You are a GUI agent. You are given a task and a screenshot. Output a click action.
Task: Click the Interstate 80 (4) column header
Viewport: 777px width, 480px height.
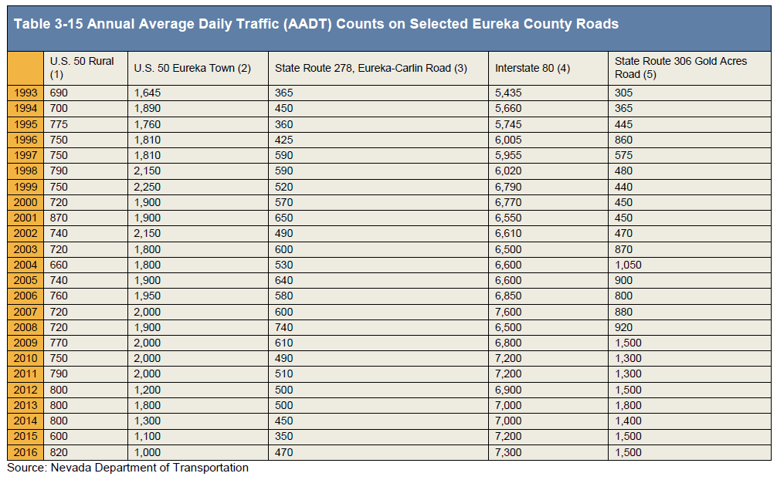(x=532, y=68)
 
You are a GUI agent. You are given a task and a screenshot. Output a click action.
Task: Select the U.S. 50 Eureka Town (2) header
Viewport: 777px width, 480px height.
(x=192, y=68)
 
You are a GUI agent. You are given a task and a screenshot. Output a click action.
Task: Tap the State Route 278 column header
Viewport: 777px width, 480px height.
(x=371, y=68)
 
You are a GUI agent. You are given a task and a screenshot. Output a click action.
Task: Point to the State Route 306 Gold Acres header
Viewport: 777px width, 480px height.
(x=680, y=67)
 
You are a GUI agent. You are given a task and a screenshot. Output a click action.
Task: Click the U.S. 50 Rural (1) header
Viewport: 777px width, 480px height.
(x=82, y=67)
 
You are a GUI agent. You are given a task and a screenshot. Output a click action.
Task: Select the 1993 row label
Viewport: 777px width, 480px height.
(x=25, y=93)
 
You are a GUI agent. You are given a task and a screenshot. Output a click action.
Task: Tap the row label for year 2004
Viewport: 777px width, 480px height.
(x=25, y=265)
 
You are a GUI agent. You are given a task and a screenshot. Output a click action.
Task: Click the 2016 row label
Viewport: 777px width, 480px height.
(x=25, y=452)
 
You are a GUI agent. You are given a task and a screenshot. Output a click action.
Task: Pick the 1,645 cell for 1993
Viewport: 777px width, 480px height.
(x=148, y=93)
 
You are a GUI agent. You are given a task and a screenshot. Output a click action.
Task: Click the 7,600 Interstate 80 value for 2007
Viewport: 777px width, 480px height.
(x=508, y=312)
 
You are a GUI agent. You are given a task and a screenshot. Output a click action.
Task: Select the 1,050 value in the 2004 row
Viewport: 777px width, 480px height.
(x=628, y=265)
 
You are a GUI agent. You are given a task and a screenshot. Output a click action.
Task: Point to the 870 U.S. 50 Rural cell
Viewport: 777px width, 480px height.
(x=59, y=218)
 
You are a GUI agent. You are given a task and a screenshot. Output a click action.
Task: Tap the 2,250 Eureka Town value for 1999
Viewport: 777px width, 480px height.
(x=148, y=187)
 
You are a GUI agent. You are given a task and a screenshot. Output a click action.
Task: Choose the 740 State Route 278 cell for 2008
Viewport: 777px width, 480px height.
(x=284, y=327)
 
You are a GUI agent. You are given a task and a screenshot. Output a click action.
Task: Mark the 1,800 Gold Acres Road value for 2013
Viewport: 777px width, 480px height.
(x=628, y=405)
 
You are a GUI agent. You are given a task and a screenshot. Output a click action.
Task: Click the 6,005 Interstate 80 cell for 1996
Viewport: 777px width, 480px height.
(x=508, y=140)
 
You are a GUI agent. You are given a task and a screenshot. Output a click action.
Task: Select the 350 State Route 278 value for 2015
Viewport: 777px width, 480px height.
(x=284, y=437)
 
